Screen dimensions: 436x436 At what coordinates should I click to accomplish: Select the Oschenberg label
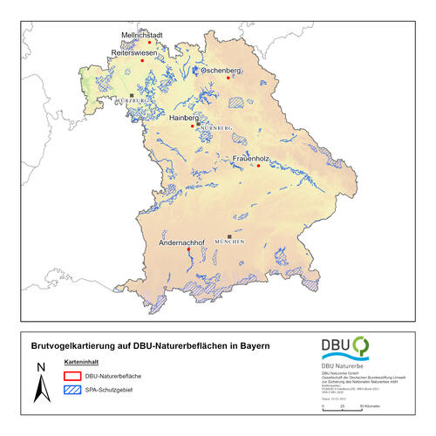221,69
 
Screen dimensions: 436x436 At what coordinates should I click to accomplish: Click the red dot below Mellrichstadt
143,60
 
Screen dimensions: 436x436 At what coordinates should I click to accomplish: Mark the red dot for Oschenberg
229,78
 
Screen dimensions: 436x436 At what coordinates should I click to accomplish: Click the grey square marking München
229,236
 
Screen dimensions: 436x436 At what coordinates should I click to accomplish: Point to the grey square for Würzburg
132,95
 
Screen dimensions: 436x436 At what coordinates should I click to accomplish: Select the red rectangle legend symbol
72,376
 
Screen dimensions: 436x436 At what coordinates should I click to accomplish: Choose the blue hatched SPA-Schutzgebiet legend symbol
72,390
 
